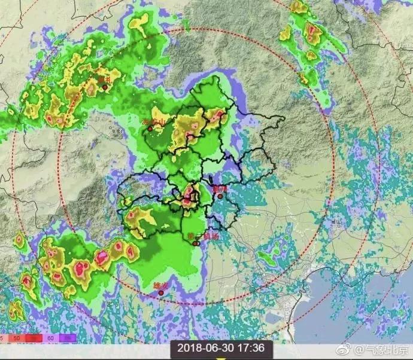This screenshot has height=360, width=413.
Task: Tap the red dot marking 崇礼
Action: pyautogui.click(x=105, y=87)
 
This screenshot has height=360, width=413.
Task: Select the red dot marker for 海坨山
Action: pyautogui.click(x=150, y=129)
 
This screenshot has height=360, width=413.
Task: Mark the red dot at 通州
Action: pyautogui.click(x=220, y=196)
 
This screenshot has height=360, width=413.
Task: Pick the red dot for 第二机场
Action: pyautogui.click(x=195, y=243)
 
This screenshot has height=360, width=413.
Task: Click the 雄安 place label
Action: pyautogui.click(x=161, y=286)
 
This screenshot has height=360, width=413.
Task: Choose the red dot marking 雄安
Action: pyautogui.click(x=160, y=293)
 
